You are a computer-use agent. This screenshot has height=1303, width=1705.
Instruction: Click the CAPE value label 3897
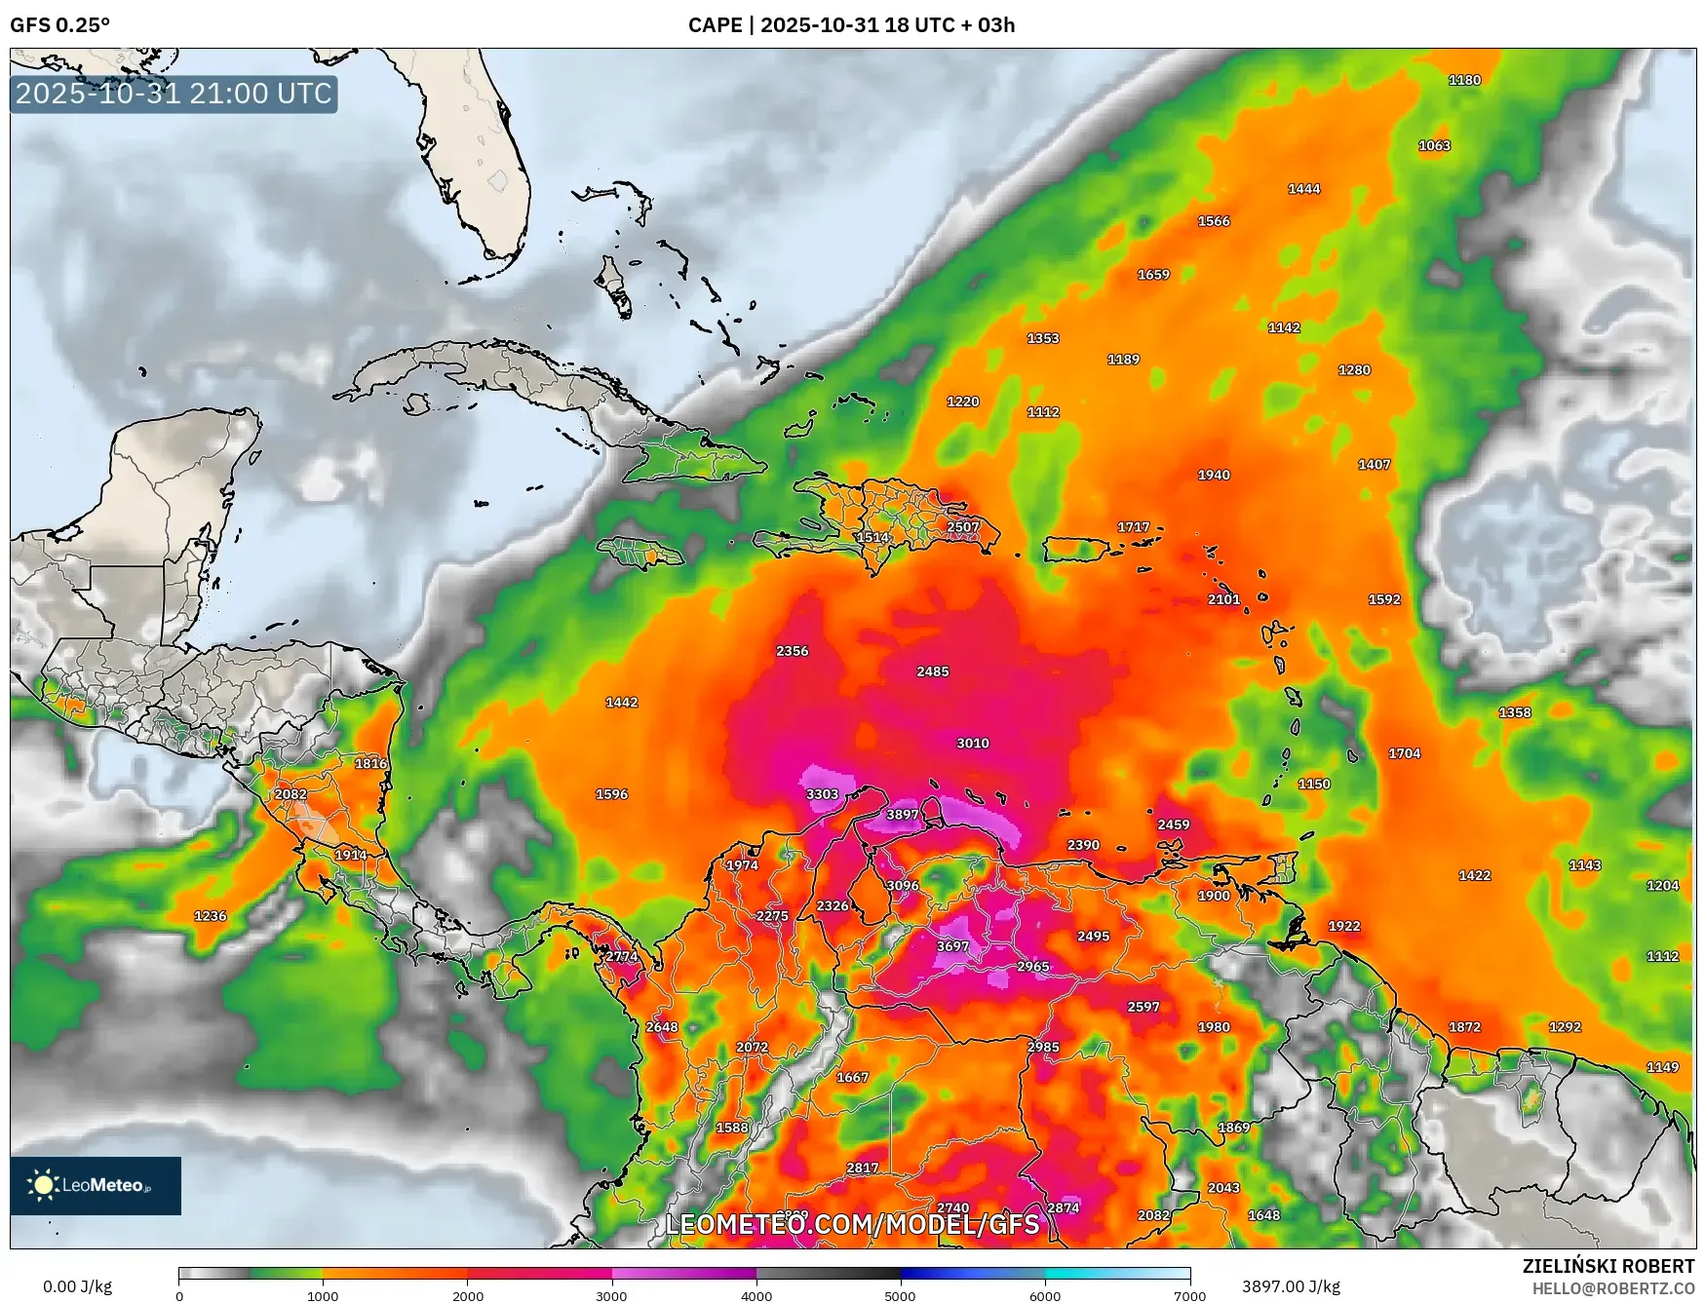click(x=902, y=815)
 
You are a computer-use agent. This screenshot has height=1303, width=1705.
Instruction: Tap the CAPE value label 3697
click(x=952, y=946)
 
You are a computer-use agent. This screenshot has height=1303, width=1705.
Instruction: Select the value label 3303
click(x=822, y=794)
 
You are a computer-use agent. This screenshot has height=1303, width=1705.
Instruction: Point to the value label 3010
click(x=972, y=743)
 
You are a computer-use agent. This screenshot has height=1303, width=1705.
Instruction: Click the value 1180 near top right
click(x=1464, y=80)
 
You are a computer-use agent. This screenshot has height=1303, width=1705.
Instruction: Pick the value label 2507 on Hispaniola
click(x=962, y=526)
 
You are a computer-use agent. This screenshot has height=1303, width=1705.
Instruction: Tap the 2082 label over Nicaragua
click(x=291, y=794)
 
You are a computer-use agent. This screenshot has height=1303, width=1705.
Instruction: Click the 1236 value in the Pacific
click(x=211, y=916)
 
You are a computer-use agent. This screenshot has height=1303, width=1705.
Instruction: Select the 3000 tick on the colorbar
click(x=611, y=1296)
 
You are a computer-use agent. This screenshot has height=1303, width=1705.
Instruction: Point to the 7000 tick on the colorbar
click(x=1189, y=1296)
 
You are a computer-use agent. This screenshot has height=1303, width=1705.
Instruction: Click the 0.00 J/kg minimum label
click(x=77, y=1286)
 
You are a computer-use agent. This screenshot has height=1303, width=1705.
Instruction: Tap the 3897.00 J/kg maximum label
click(x=1291, y=1286)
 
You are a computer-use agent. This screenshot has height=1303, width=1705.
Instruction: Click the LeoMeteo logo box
click(x=96, y=1185)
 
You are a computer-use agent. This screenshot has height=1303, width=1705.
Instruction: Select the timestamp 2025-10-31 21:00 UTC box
click(x=174, y=94)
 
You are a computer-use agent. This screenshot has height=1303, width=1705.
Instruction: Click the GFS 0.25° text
click(x=59, y=25)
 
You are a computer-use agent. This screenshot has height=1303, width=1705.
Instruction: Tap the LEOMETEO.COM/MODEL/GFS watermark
click(x=852, y=1224)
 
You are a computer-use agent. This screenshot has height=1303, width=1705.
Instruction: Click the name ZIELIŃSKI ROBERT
click(x=1608, y=1266)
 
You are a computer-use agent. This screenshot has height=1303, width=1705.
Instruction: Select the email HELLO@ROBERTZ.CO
click(x=1612, y=1288)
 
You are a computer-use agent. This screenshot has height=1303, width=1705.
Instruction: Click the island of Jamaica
click(x=640, y=554)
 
